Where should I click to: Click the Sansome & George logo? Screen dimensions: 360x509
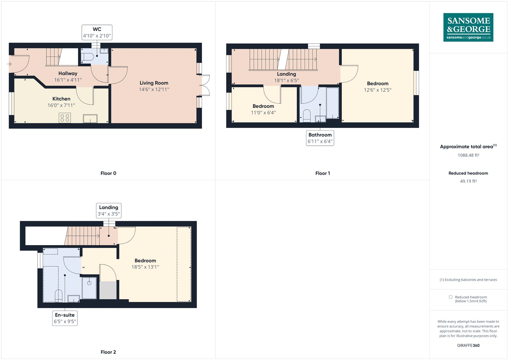[468, 27]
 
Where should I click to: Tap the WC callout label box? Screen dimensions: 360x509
[97, 32]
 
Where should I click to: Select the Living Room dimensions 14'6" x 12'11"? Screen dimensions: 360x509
[154, 89]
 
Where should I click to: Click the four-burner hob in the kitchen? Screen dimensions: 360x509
[65, 118]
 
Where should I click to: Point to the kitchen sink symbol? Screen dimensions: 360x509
[90, 119]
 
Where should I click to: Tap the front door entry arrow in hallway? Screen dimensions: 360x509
[9, 64]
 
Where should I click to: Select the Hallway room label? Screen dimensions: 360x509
[68, 74]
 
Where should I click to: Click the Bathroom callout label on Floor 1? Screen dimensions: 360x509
[320, 138]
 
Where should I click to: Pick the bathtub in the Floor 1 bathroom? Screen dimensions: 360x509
[332, 103]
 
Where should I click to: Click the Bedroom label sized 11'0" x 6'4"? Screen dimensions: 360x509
[263, 106]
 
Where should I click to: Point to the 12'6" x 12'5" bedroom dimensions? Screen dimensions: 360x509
[378, 90]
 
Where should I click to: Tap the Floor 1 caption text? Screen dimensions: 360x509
[322, 173]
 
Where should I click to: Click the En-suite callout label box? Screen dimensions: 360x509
[65, 318]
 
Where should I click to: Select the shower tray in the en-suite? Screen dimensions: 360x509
[89, 288]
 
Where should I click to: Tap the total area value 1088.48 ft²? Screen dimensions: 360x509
[468, 155]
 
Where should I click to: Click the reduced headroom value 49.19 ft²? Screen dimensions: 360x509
[468, 181]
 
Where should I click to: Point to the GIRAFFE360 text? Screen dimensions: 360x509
[468, 345]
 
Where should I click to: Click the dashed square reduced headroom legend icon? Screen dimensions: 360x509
[450, 297]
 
